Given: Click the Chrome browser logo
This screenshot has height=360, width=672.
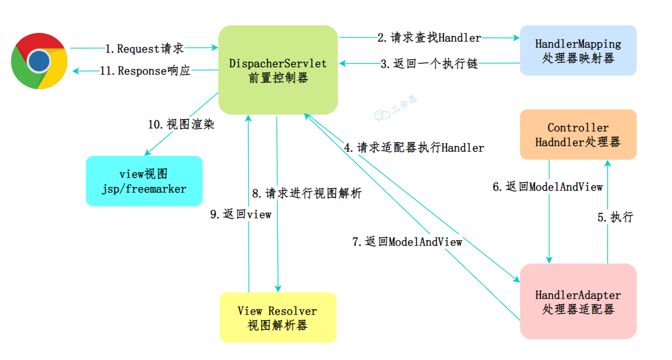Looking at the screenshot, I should [x=39, y=61].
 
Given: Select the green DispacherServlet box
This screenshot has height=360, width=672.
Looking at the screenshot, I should [x=278, y=70].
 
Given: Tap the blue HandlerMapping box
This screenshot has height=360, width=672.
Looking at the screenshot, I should [x=578, y=51].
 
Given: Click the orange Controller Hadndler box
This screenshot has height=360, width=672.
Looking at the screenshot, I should [x=578, y=135].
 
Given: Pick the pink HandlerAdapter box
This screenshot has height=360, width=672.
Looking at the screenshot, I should [x=578, y=301].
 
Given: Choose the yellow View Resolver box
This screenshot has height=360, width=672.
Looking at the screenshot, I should [x=277, y=317].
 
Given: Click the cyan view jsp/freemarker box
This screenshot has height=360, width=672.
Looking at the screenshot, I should [x=144, y=181].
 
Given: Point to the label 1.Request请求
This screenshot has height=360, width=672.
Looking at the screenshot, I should [x=144, y=48].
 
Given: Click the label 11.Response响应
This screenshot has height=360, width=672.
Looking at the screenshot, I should [x=145, y=71].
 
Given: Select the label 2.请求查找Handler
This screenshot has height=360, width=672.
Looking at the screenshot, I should [x=429, y=38].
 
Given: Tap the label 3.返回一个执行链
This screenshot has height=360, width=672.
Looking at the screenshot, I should [x=429, y=64].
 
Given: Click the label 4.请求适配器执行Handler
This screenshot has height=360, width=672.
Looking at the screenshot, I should [x=414, y=147].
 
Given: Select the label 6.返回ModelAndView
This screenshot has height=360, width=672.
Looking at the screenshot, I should [x=547, y=187].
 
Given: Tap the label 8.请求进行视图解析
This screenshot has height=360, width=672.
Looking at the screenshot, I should [x=307, y=194].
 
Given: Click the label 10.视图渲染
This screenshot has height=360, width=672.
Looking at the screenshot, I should [x=181, y=124].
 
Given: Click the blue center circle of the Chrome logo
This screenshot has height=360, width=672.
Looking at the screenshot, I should [x=39, y=61].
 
